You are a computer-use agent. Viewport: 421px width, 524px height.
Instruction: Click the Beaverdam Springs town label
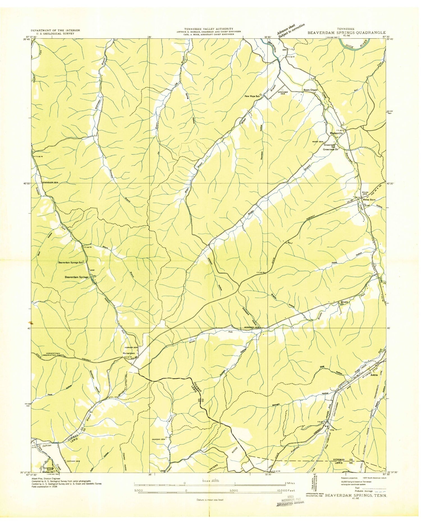click(77, 277)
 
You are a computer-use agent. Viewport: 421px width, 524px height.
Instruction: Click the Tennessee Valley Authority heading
click(208, 29)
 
